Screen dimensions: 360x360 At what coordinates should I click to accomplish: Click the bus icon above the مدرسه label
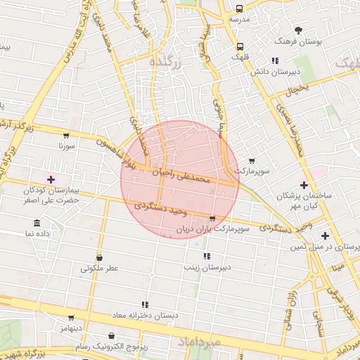(240, 9)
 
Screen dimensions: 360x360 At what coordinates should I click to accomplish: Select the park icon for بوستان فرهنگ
(298, 30)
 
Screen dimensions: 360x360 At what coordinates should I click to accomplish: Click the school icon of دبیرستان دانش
(275, 60)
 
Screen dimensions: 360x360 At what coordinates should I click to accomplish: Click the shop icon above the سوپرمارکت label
(252, 160)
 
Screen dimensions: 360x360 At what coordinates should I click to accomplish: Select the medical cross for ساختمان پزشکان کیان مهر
(304, 185)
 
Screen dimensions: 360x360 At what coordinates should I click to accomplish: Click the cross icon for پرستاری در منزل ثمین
(324, 236)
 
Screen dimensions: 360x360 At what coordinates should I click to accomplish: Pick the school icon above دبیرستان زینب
(207, 256)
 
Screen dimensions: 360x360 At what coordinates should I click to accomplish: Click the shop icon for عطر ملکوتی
(99, 257)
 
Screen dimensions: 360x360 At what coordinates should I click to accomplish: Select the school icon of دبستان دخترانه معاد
(145, 304)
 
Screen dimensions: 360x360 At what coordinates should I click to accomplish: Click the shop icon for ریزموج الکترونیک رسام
(112, 336)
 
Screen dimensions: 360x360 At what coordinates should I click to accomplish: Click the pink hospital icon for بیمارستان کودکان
(51, 180)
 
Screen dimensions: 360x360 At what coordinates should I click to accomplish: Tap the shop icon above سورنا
(66, 135)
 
